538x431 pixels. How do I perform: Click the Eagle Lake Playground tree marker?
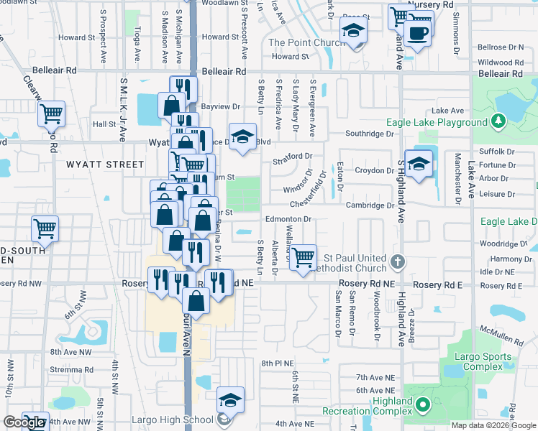point(496,122)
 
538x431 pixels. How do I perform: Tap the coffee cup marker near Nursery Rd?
point(417,33)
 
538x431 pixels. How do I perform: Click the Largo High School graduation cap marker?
point(230,400)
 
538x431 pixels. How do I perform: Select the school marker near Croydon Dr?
point(419,164)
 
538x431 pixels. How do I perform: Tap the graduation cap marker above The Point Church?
point(353,30)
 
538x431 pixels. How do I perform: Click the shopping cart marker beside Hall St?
point(51,113)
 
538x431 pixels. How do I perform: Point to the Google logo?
point(23,422)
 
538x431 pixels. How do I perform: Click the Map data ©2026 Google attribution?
point(493,425)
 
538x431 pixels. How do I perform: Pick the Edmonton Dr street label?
point(288,219)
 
